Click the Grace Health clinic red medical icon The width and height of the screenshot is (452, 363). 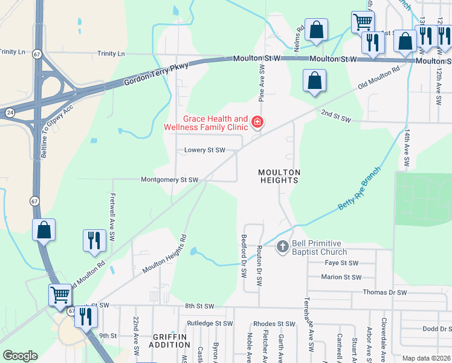[257, 123]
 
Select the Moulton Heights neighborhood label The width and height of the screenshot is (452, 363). [279, 176]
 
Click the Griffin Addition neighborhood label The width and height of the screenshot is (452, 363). [172, 340]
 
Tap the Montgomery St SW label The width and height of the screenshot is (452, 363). [169, 180]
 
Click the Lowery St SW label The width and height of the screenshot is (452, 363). [201, 150]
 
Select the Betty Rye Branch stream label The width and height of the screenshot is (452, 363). [360, 188]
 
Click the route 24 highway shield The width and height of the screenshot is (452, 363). [10, 112]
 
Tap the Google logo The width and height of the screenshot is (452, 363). [20, 356]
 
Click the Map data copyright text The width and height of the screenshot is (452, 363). [426, 358]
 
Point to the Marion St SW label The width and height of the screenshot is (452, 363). [341, 277]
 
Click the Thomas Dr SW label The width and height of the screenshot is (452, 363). [386, 292]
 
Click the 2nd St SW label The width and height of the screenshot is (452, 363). [336, 115]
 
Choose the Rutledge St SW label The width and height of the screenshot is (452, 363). [210, 323]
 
